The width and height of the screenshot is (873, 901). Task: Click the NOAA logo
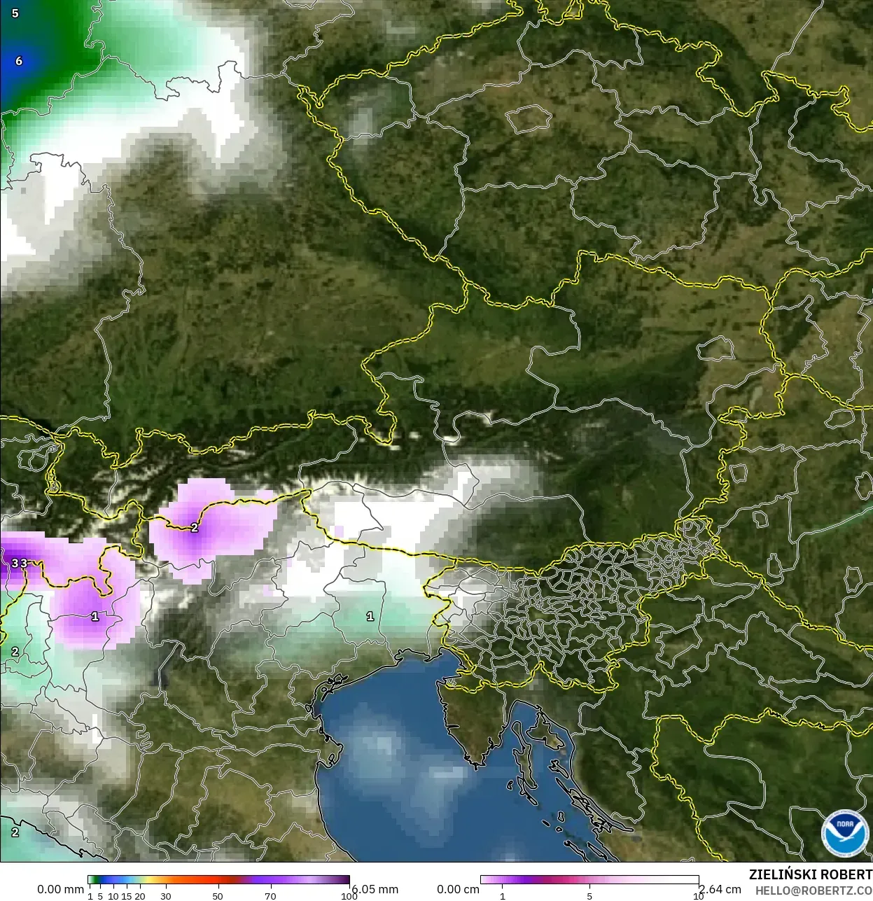pos(845,833)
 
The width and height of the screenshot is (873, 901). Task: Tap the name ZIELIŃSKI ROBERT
pos(810,874)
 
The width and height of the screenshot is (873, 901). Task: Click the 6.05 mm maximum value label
pos(375,888)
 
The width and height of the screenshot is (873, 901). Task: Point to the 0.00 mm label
pos(60,889)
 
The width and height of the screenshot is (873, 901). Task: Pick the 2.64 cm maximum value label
pos(720,889)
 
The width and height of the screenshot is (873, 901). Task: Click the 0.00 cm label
pos(458,889)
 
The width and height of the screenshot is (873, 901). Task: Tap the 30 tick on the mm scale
pos(165,896)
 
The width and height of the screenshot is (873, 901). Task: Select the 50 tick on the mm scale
pos(218,896)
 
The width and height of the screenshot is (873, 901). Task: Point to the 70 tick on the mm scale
pos(270,896)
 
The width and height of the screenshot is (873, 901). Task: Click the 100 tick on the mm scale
pos(349,896)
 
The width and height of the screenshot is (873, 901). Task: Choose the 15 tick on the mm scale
pos(126,896)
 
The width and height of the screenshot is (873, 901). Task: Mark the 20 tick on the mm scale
pos(139,896)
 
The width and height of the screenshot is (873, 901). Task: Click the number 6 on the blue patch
pos(19,61)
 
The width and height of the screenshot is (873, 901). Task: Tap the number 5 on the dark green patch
pos(15,13)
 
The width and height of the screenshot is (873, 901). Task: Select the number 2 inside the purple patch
pos(194,528)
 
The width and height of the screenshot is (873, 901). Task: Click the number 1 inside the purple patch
pos(95,617)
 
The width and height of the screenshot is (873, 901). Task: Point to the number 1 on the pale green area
pos(370,616)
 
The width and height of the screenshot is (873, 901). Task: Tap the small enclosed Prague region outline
pos(529,120)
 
